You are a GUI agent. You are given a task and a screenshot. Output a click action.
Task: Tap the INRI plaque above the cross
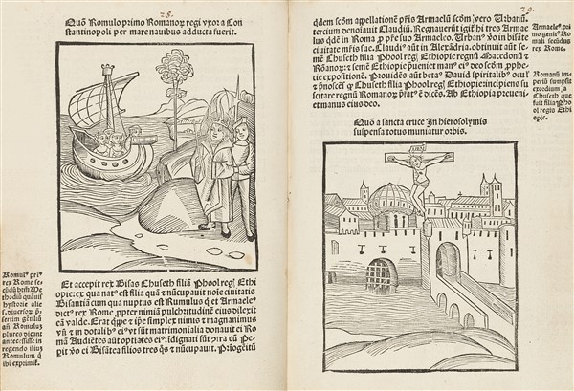coord(416,150)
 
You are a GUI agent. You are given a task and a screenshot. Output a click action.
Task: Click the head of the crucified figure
coord(417,163)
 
